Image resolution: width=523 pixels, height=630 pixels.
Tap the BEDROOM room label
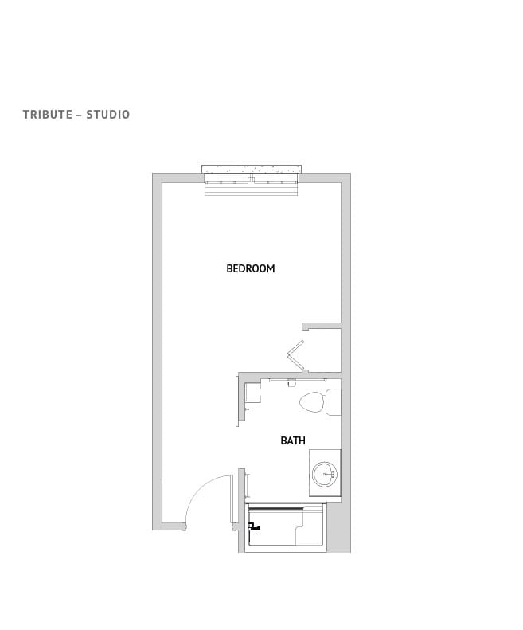251,269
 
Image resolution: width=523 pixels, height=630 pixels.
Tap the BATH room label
292,440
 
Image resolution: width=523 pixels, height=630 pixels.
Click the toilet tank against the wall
333,402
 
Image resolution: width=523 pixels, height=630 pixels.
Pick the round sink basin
325,475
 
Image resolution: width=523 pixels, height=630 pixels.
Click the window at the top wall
252,187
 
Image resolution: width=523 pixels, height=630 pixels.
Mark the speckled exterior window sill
252,169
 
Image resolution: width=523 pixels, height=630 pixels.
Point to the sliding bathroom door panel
237,400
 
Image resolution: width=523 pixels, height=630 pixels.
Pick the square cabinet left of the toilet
253,393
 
